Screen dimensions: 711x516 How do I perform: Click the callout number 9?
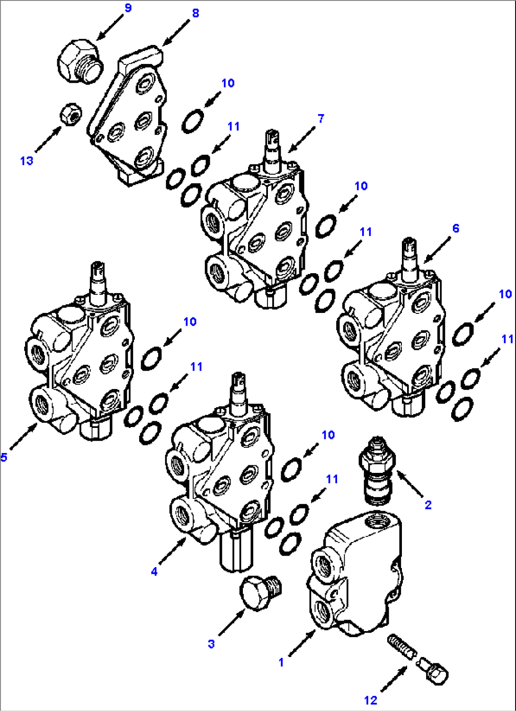point(128,9)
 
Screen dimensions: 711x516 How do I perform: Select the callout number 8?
point(196,13)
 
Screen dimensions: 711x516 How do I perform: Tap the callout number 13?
point(27,161)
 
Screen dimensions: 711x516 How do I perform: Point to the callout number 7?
point(321,118)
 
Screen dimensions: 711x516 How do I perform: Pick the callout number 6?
point(455,229)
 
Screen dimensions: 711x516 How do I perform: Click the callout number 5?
point(4,457)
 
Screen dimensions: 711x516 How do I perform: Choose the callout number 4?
point(154,572)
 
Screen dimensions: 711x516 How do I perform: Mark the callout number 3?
point(211,644)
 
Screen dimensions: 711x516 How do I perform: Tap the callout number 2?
point(428,505)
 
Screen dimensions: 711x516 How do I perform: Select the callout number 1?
point(281,662)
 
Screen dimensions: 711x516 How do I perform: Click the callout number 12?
point(371,700)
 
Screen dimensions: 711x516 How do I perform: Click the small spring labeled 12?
point(401,647)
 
